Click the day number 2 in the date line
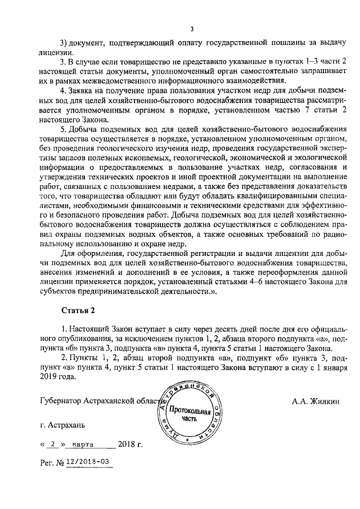coord(52,444)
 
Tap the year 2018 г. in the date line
coord(131,444)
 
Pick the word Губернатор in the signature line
coord(64,402)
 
